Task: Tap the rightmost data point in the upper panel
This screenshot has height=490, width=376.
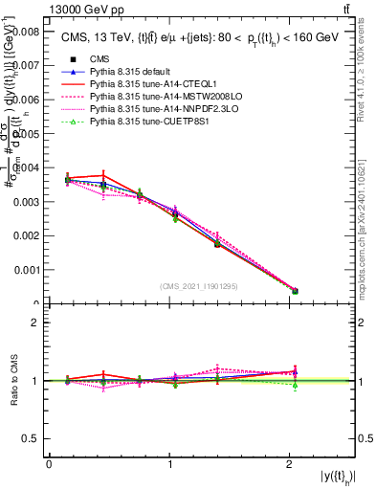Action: point(295,291)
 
